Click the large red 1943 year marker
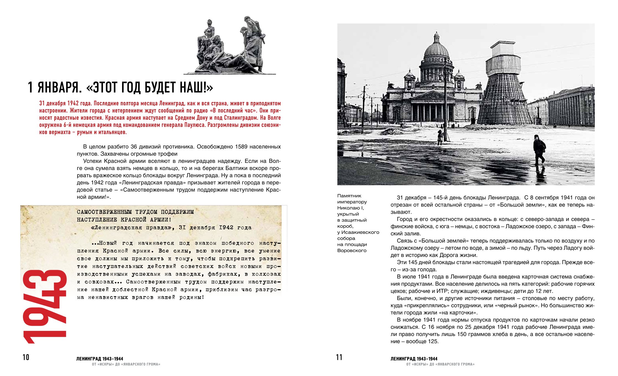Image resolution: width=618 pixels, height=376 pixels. pyautogui.click(x=44, y=307)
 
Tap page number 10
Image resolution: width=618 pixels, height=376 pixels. pyautogui.click(x=26, y=357)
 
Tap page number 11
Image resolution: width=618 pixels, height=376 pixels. pyautogui.click(x=339, y=357)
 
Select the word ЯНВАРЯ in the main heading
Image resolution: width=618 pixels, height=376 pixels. pyautogui.click(x=60, y=88)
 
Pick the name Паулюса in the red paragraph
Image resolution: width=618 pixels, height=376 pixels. pyautogui.click(x=195, y=125)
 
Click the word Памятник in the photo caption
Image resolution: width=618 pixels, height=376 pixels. pyautogui.click(x=349, y=196)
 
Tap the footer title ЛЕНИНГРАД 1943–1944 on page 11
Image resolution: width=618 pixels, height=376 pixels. pyautogui.click(x=414, y=359)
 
